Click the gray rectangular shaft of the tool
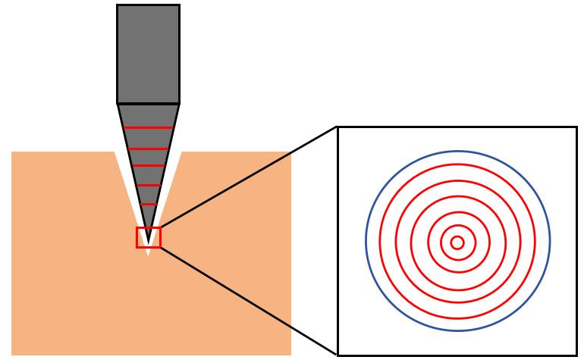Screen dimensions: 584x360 tap(148, 53)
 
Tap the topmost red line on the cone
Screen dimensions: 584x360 tap(148, 127)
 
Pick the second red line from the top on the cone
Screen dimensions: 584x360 tap(148, 149)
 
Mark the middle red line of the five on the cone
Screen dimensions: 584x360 tap(148, 165)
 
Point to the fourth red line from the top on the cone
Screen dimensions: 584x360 tap(148, 185)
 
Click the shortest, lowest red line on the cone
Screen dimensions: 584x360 tap(149, 204)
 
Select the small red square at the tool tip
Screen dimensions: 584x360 tap(138, 237)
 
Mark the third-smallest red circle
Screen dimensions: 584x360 tap(429, 243)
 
